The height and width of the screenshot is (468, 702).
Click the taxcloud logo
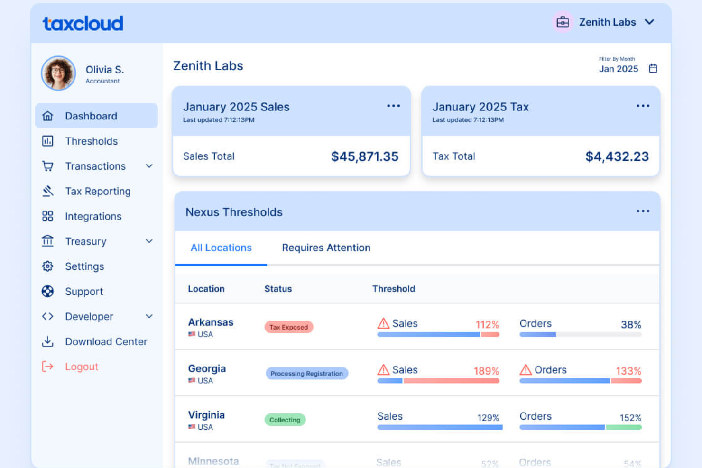coord(83,23)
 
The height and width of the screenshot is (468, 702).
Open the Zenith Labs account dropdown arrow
coord(649,22)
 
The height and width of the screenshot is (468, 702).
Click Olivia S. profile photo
coord(58,73)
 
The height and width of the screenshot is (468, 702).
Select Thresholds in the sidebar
coord(91,141)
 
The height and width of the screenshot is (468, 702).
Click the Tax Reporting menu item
coord(98,191)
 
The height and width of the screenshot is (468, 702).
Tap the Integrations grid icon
coord(47,216)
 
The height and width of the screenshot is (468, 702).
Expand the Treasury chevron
coord(149,241)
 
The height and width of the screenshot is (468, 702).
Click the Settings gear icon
coord(47,266)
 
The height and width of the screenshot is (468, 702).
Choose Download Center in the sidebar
coord(106,341)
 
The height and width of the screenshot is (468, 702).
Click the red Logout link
coord(81,367)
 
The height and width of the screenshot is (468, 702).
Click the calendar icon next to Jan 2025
coord(653,69)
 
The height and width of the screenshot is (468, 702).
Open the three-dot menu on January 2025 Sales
coord(393,106)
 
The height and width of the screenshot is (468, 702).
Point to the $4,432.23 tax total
coord(617,156)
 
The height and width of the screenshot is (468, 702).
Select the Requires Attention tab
coord(326,248)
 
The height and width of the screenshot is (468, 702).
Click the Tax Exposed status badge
coord(288,327)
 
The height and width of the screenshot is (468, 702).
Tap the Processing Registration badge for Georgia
coord(306,374)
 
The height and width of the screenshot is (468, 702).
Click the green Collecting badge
coord(285,420)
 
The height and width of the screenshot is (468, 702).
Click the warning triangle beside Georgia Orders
coord(526,370)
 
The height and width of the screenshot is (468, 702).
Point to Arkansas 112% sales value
coord(487,325)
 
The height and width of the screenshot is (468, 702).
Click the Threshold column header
coord(393,289)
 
